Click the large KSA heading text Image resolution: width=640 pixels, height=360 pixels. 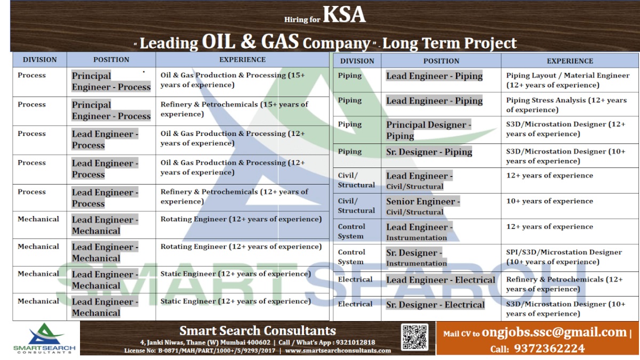pos(345,14)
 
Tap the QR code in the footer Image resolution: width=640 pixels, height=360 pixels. pos(415,337)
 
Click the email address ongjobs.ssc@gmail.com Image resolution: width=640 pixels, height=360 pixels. pos(554,332)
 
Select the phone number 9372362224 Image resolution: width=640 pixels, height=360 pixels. pos(549,348)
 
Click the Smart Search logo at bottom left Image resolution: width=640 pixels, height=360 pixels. pos(44,339)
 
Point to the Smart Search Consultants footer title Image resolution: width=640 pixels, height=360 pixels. pos(258,331)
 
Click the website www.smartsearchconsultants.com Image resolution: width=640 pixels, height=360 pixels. pos(338,350)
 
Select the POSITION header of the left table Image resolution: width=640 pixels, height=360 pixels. pos(111,59)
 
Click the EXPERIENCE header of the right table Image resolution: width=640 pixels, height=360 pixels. pos(570,61)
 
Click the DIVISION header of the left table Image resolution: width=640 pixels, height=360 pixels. pos(39,59)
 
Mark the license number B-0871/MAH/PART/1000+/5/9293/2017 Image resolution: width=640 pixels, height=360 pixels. pos(217,350)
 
